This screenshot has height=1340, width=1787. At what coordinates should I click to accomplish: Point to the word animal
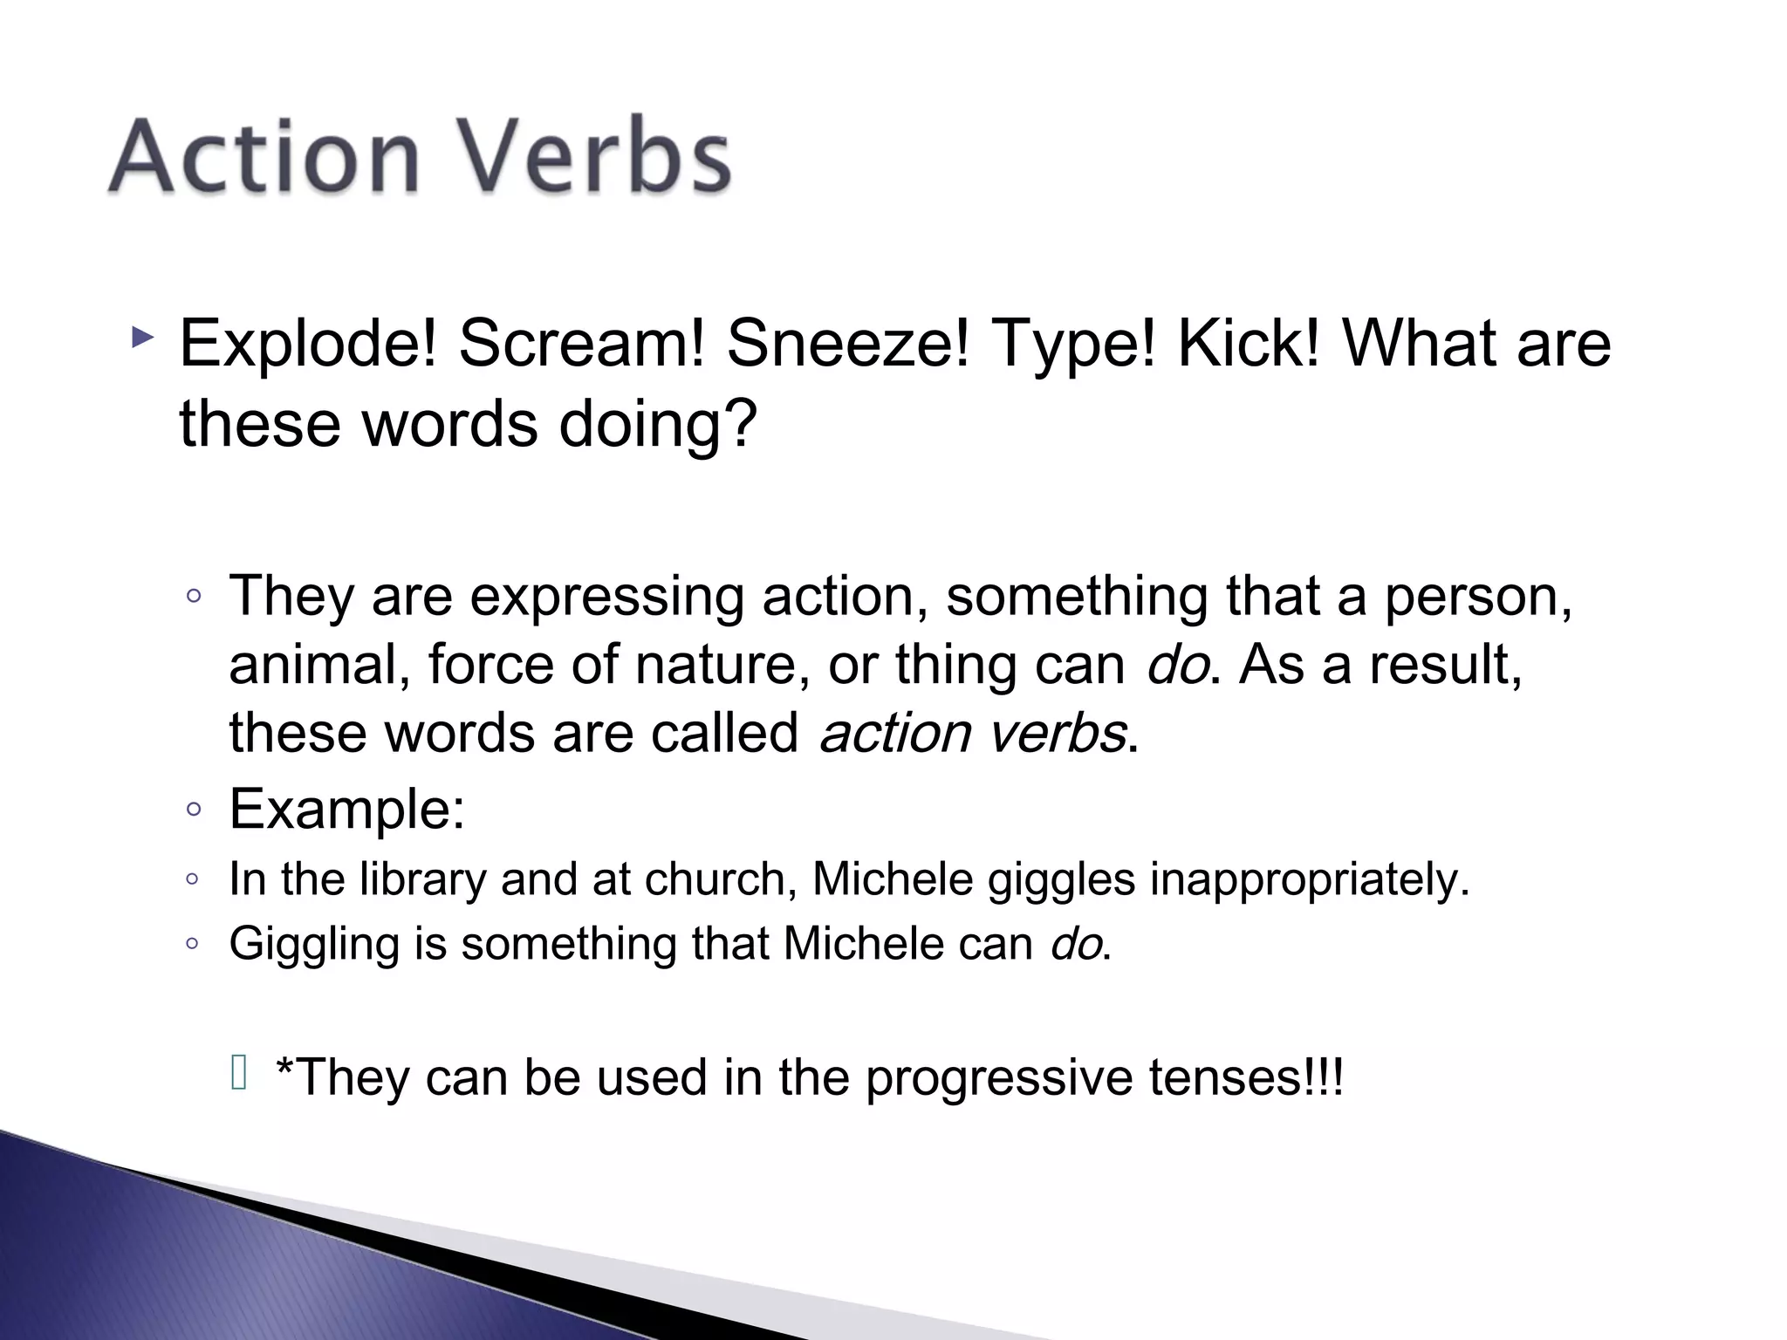pos(319,665)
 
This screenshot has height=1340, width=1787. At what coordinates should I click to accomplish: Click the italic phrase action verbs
pos(973,733)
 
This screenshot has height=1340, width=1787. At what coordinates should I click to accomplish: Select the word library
pos(422,879)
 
